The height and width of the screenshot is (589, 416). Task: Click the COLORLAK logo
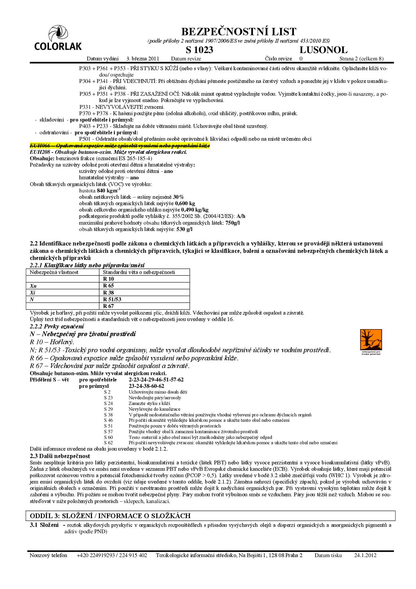(58, 39)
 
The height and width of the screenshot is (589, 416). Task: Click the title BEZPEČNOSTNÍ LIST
(239, 32)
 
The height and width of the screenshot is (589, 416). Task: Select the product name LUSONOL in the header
(323, 50)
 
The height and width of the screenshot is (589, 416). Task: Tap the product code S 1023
(199, 50)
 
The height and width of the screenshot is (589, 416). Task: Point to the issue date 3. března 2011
(143, 59)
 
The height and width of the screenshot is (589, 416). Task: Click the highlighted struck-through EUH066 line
(120, 145)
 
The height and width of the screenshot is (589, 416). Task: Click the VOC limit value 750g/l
(232, 223)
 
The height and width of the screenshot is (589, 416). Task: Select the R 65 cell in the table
(109, 286)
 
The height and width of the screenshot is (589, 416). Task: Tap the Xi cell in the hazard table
(33, 292)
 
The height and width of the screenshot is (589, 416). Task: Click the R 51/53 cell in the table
(112, 299)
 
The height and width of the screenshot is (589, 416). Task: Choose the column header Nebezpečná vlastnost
(54, 272)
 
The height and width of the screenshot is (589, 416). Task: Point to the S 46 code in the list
(108, 420)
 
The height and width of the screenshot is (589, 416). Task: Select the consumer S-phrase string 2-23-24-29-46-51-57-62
(156, 380)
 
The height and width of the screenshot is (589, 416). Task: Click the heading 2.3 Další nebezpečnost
(60, 456)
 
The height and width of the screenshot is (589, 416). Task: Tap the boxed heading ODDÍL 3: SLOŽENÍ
(110, 516)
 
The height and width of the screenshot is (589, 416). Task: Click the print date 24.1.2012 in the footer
(365, 555)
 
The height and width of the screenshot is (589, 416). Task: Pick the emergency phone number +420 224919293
(96, 555)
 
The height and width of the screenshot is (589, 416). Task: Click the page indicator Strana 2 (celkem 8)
(361, 59)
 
